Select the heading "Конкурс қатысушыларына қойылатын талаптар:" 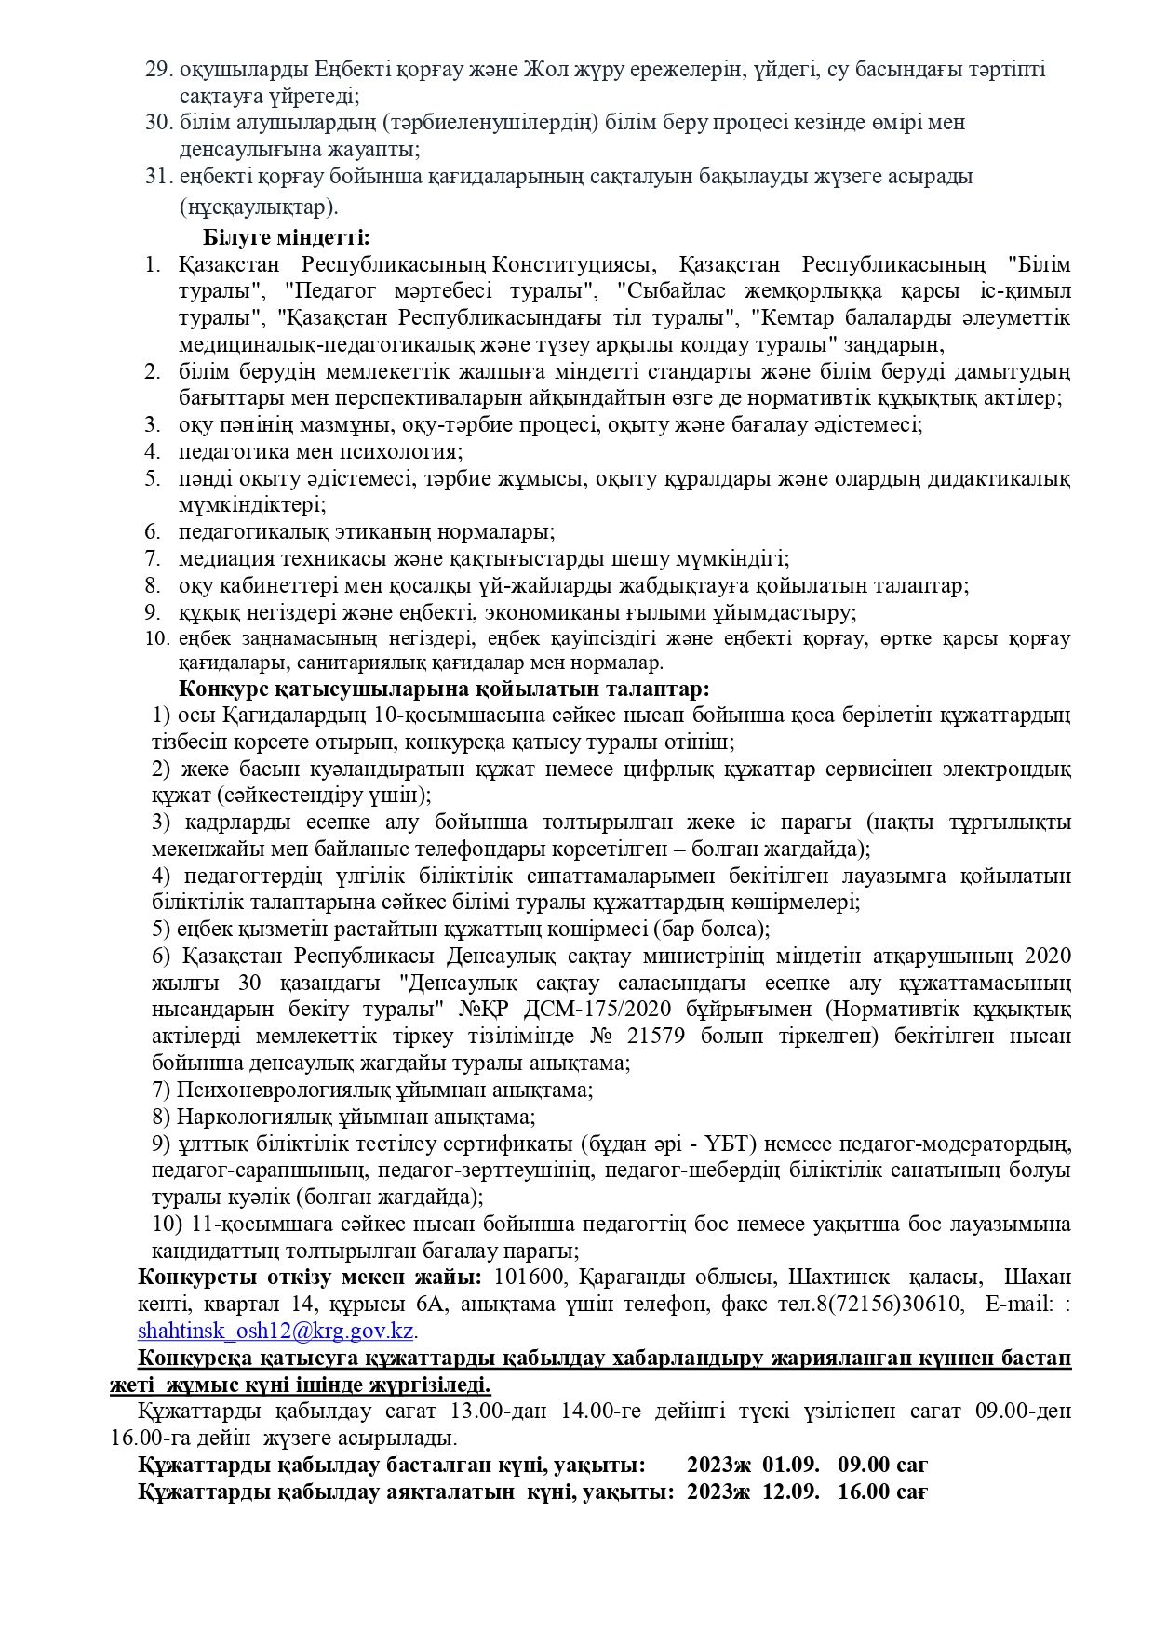pos(444,689)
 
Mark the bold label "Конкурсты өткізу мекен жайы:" pos(310,1276)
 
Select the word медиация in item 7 pos(226,559)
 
